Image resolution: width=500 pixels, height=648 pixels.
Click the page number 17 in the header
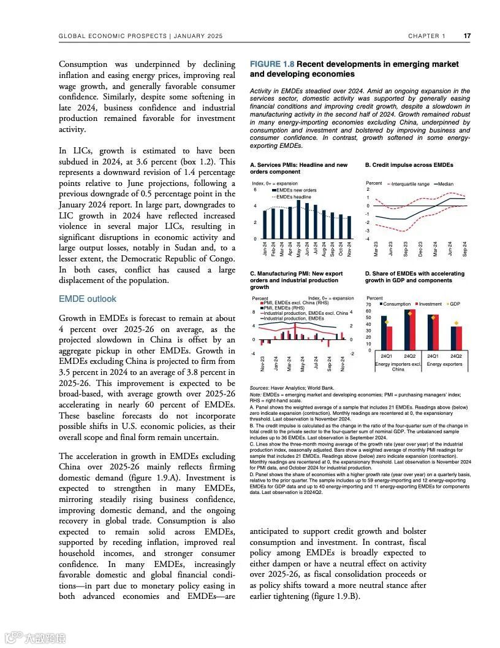point(467,36)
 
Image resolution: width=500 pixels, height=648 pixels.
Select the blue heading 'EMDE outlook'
point(87,299)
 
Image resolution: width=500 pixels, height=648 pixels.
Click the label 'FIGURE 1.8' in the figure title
point(271,64)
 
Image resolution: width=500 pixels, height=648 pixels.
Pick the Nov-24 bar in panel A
point(349,227)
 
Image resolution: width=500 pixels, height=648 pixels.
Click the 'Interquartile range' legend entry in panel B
point(409,184)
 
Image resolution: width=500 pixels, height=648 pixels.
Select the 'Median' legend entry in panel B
point(445,184)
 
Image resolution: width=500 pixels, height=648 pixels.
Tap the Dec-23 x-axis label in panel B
point(421,249)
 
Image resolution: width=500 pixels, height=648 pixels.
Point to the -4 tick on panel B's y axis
point(368,239)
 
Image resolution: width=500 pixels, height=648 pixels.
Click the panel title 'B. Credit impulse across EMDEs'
point(409,165)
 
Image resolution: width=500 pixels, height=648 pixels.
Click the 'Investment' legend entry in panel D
point(430,304)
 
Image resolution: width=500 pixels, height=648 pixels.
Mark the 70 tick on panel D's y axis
point(368,304)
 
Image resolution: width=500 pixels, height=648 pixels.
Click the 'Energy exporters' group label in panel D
point(444,364)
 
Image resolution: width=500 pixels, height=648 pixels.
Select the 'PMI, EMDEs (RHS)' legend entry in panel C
point(285,308)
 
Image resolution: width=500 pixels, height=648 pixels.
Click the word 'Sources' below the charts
point(260,388)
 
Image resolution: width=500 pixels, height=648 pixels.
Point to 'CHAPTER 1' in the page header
point(427,36)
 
